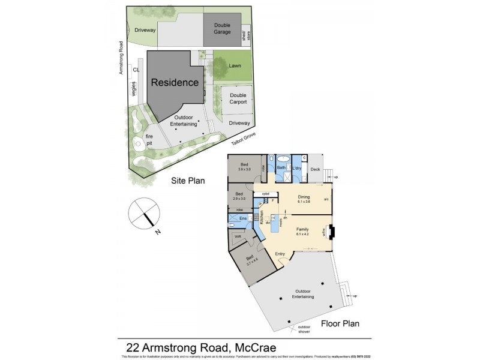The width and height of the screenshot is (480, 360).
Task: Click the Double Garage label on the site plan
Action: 222,28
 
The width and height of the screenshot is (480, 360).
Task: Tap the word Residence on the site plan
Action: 174,82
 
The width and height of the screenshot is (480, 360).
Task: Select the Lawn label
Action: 235,65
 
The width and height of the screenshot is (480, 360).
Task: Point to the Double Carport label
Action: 238,98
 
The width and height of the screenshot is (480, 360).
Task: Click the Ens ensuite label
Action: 242,218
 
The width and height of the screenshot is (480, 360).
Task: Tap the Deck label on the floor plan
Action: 315,169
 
